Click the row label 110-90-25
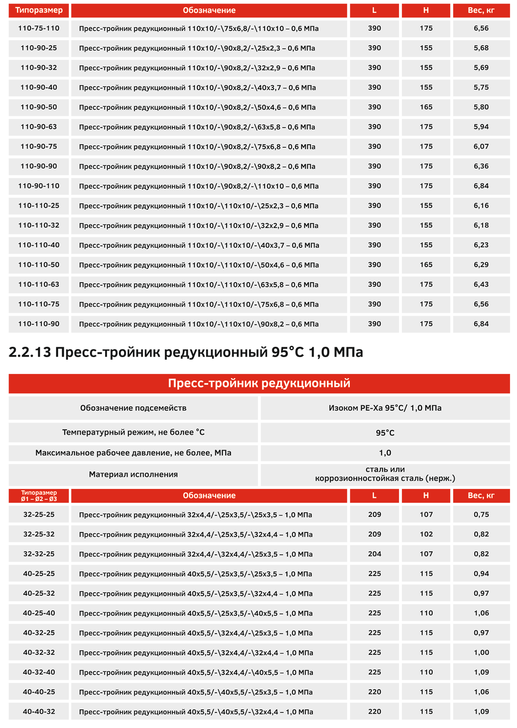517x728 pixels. pos(39,48)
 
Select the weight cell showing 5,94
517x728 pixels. pos(481,127)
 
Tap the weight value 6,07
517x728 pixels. pos(481,146)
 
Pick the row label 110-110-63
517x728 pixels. pos(39,284)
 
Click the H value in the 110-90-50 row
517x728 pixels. pos(426,107)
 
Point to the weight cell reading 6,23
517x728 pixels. pos(481,245)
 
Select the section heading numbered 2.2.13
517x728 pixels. pos(186,352)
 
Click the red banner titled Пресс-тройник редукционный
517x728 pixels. pos(259,383)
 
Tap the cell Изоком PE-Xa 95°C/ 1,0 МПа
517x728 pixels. pos(385,408)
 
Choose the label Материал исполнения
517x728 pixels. pos(133,474)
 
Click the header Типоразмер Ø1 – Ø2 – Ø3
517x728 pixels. pos(39,495)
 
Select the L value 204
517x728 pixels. pos(374,554)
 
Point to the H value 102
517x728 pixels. pos(426,534)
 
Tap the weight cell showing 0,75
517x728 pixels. pos(481,514)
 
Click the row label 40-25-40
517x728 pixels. pos(39,613)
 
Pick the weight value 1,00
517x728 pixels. pos(481,652)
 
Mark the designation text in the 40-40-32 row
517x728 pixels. pos(196,712)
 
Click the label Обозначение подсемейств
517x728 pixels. pos(133,408)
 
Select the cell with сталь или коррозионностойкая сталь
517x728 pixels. pos(385,474)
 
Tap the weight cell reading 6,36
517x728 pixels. pos(481,166)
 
